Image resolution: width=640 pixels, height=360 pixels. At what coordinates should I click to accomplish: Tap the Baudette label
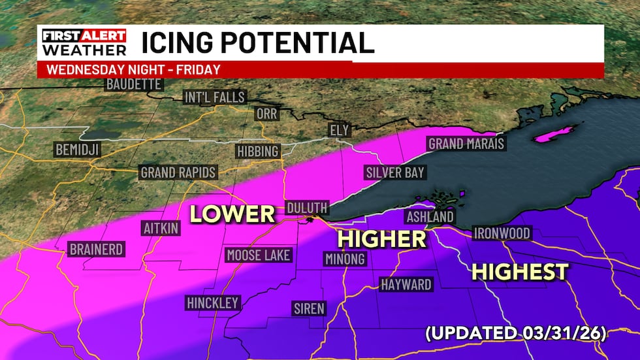tap(134, 84)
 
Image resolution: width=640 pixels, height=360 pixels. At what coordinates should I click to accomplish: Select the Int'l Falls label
tap(214, 98)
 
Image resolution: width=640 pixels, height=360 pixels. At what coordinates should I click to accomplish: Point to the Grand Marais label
tap(466, 144)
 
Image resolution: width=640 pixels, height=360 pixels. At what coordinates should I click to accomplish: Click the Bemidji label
tap(76, 150)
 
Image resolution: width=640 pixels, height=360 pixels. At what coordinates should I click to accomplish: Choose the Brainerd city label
tap(96, 250)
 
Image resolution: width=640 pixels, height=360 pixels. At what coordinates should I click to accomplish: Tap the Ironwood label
tap(502, 233)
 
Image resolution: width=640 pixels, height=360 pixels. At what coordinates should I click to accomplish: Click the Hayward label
tap(406, 285)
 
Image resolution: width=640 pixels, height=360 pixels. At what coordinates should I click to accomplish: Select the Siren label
tap(309, 308)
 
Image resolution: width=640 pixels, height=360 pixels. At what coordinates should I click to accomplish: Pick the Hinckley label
tap(213, 303)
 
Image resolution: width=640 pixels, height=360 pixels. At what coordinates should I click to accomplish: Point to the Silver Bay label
tap(394, 172)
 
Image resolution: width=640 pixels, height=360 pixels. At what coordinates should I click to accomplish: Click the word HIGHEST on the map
tap(520, 272)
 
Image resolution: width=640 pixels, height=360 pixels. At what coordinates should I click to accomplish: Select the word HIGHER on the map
tap(382, 239)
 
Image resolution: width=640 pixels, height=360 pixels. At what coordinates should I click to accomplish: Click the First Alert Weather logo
tap(83, 42)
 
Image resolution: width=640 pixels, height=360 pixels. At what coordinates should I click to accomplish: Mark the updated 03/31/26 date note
tap(516, 334)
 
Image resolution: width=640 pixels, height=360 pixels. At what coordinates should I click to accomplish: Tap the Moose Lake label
tap(259, 255)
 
